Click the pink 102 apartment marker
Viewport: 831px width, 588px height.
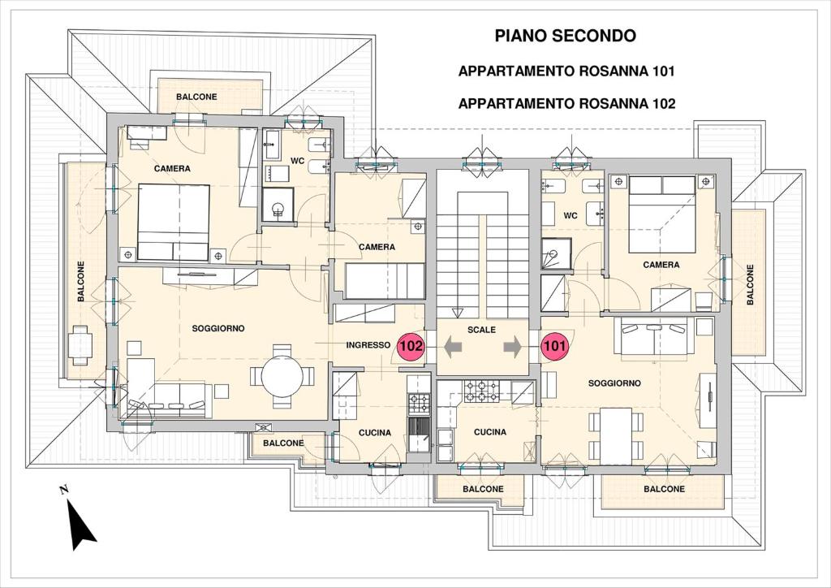click(411, 346)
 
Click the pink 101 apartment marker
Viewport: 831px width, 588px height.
click(554, 346)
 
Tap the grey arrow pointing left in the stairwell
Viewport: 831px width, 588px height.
click(453, 348)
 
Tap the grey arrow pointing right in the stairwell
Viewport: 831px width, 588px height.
click(513, 348)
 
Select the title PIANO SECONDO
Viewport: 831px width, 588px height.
click(565, 36)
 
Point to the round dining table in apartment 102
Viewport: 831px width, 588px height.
click(282, 376)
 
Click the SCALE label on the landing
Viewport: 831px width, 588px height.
click(481, 330)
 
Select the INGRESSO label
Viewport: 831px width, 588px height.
click(368, 345)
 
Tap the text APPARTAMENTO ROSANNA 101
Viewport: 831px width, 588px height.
click(566, 71)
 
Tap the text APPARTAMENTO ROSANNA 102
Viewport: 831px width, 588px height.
click(566, 103)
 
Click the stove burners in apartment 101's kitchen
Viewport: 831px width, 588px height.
click(482, 391)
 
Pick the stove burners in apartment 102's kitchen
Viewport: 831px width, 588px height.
click(418, 403)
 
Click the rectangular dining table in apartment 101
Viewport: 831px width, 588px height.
click(616, 436)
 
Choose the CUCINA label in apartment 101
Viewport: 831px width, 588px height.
click(489, 432)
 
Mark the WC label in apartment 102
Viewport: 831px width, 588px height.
click(297, 161)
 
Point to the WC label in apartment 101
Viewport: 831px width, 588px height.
click(571, 216)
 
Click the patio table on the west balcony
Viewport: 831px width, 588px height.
click(80, 345)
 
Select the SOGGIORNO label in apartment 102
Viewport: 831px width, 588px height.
click(218, 329)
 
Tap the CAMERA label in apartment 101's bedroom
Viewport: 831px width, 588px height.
click(661, 265)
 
